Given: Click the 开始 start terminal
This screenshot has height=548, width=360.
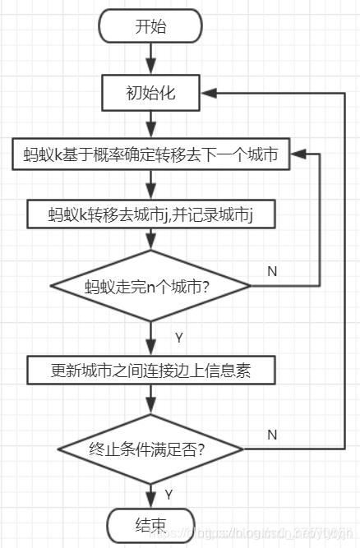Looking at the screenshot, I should (x=150, y=26).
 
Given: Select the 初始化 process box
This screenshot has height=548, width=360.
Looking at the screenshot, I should (x=150, y=93).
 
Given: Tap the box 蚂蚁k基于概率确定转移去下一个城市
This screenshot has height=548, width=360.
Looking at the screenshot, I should (x=151, y=154).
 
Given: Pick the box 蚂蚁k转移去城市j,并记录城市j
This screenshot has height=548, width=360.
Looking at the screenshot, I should (x=151, y=214).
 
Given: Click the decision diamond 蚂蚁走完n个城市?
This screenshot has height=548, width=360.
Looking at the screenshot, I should (x=151, y=287).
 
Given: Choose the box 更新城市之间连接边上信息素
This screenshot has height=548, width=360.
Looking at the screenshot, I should (x=151, y=371).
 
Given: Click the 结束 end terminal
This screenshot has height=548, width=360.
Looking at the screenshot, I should (x=150, y=523).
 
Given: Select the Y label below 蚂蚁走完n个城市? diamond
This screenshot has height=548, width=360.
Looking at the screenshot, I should (x=178, y=337).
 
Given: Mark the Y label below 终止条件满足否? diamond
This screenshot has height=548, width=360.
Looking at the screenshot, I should (x=168, y=495).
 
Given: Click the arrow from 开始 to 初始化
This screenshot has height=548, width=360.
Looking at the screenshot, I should (x=150, y=59).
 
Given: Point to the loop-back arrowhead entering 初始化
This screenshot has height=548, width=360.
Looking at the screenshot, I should (x=209, y=93).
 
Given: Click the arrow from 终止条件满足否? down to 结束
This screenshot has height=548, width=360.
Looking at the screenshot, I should (x=151, y=493).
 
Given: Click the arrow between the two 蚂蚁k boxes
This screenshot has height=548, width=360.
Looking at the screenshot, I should (x=151, y=184).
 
